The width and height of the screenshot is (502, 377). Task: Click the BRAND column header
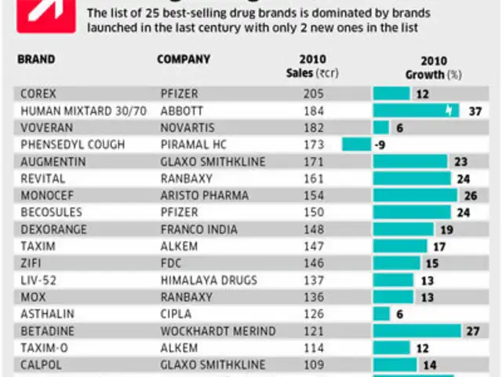click(x=36, y=59)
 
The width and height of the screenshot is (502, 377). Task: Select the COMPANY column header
click(x=184, y=59)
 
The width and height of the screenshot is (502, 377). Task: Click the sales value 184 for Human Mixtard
click(x=313, y=111)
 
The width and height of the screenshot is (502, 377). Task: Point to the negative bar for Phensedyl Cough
click(x=356, y=144)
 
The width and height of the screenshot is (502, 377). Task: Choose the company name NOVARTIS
click(x=187, y=127)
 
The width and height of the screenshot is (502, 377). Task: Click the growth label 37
click(x=474, y=111)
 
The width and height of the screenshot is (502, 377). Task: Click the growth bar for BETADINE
click(x=417, y=331)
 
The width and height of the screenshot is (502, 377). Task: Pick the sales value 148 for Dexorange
click(x=313, y=229)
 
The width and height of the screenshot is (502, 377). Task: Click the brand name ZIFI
click(x=31, y=263)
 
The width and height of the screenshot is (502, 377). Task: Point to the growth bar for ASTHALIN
click(x=381, y=313)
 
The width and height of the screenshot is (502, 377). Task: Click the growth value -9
click(x=379, y=145)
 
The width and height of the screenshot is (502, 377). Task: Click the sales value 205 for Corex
click(x=313, y=93)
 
